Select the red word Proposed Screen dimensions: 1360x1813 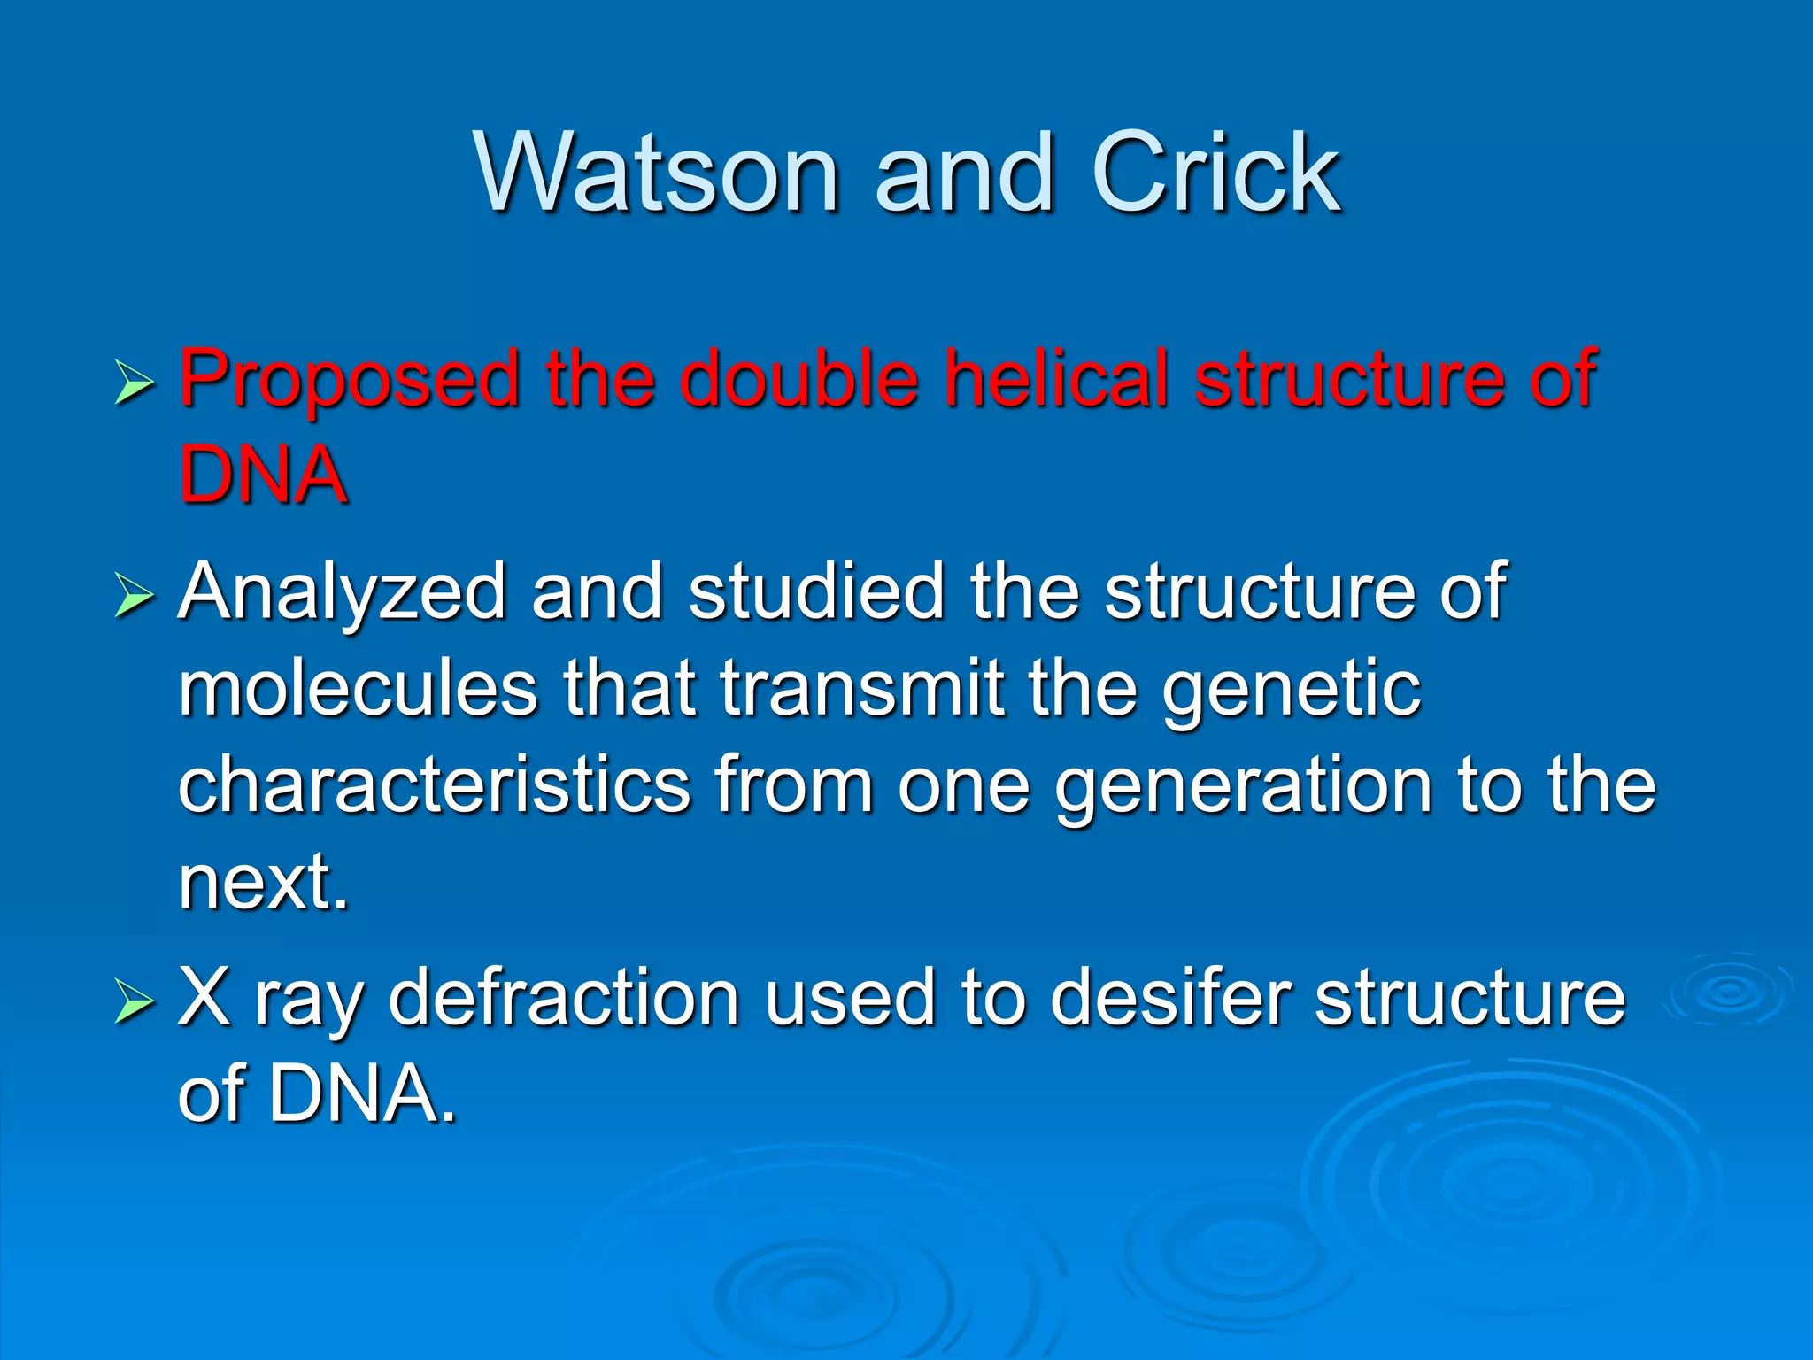[x=349, y=381]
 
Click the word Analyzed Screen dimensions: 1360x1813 [x=342, y=594]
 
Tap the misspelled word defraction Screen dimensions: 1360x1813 [x=563, y=998]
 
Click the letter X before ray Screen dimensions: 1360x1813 [x=204, y=998]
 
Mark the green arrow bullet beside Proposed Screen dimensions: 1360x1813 [x=134, y=385]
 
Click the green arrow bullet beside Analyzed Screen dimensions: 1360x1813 [x=134, y=596]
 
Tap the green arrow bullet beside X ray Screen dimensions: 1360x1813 [x=134, y=1003]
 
